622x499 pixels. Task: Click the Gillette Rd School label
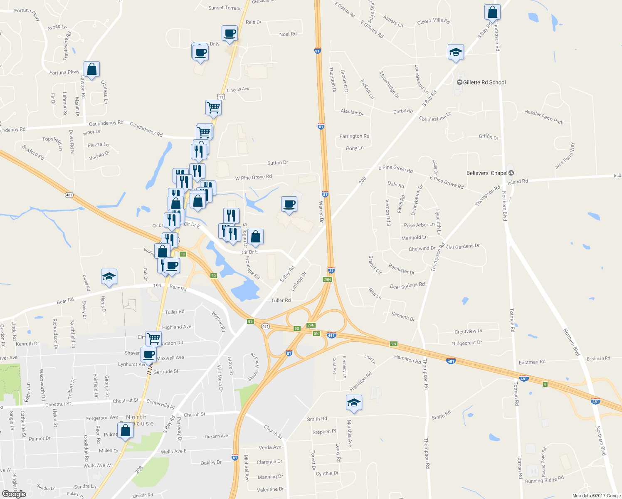(x=484, y=82)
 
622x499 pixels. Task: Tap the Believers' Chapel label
(x=487, y=173)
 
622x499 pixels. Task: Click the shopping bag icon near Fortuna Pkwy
(x=91, y=69)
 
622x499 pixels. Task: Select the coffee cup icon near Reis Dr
(x=230, y=33)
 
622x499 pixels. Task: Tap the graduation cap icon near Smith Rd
(x=353, y=403)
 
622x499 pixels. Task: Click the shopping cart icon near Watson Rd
(x=153, y=338)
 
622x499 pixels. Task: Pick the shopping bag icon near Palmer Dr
(x=126, y=431)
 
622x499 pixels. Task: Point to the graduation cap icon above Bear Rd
(x=109, y=277)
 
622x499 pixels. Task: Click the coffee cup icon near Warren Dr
(x=289, y=204)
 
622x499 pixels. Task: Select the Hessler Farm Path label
(x=543, y=117)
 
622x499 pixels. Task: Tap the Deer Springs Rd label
(x=407, y=286)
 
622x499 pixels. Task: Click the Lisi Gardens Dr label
(x=463, y=247)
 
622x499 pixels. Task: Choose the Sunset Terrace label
(x=225, y=8)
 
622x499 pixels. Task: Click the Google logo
(x=14, y=494)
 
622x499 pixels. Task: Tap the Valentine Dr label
(x=270, y=489)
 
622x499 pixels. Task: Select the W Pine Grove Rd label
(x=253, y=178)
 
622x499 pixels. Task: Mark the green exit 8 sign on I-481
(x=545, y=384)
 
